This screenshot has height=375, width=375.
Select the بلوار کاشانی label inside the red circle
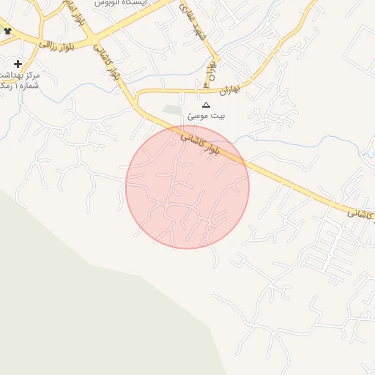click(198, 141)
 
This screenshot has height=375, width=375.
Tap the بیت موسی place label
click(207, 116)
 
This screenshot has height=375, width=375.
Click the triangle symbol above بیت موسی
click(206, 105)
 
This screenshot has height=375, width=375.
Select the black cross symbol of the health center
click(18, 64)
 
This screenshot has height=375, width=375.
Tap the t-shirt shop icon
click(8, 31)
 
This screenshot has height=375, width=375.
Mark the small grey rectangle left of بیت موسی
click(171, 111)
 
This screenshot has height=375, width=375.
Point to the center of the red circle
click(187, 187)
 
